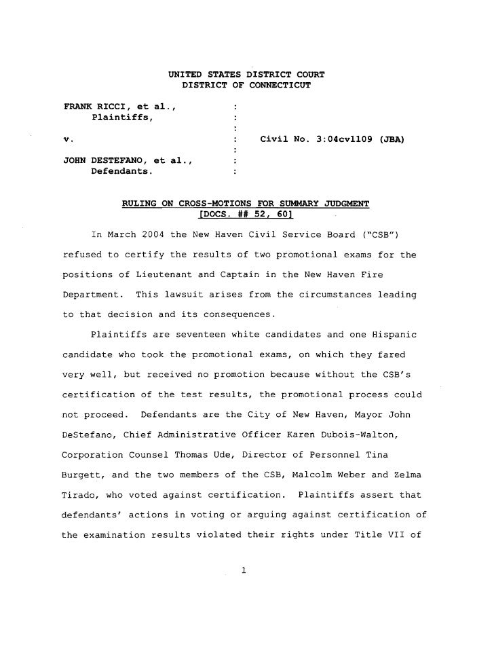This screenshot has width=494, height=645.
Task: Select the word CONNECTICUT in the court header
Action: (277, 86)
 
